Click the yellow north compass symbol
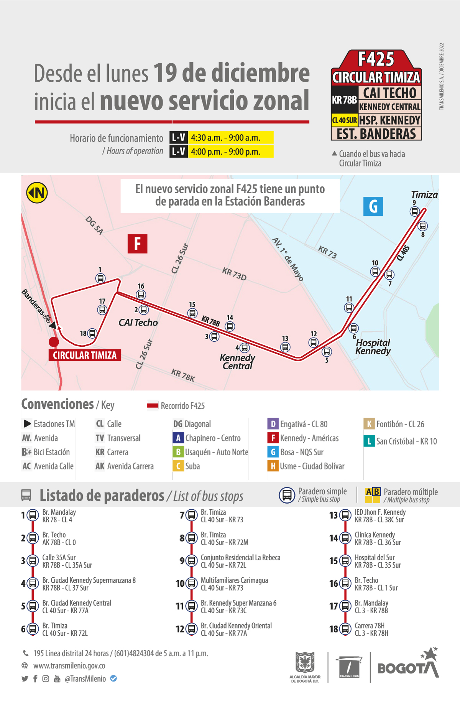37,193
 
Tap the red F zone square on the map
137,244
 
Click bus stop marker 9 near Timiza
414,211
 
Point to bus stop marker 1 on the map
100,278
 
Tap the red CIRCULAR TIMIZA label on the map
85,355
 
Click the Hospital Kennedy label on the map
373,347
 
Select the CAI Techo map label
138,323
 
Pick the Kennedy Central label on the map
237,362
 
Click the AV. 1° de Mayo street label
288,259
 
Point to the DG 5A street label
94,225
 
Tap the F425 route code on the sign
376,59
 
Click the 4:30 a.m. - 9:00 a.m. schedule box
232,137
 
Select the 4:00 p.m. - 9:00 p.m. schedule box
232,151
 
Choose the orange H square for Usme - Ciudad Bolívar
273,466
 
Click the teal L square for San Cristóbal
369,441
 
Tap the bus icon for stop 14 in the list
345,538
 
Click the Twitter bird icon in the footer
25,678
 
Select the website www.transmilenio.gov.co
69,666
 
